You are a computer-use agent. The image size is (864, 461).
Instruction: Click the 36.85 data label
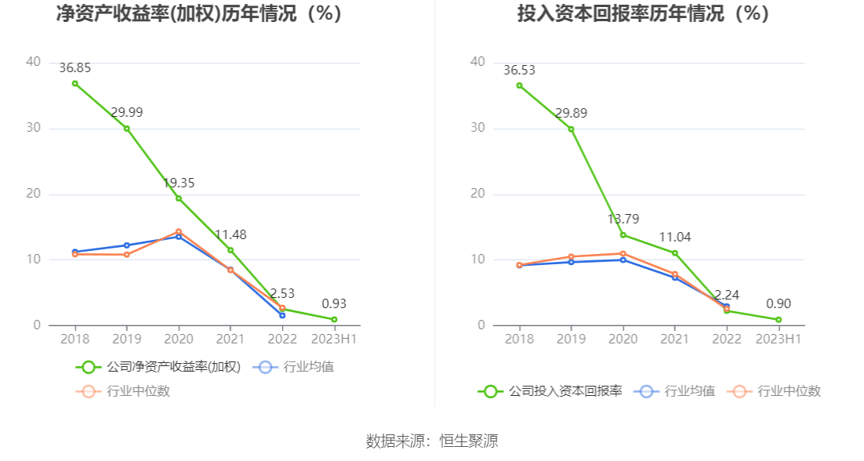(74, 68)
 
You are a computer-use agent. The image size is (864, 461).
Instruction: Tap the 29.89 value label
(571, 114)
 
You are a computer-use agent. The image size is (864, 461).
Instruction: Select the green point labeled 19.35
(179, 198)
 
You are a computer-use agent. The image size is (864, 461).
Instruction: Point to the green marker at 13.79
(623, 235)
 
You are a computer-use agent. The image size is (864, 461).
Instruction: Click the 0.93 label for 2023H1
(334, 304)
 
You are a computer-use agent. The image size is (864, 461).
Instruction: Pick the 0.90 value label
(779, 304)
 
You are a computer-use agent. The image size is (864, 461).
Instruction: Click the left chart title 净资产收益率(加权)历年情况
(200, 14)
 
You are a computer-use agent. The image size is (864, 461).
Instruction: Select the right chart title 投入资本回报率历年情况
(644, 14)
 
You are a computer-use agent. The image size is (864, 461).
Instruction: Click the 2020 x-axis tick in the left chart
(179, 339)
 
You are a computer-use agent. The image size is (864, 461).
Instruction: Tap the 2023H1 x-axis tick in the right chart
(779, 339)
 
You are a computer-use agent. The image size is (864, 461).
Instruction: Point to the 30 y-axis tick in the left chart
(33, 129)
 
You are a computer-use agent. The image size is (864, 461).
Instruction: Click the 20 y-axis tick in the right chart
(477, 194)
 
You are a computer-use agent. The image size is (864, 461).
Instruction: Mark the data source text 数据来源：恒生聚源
(432, 441)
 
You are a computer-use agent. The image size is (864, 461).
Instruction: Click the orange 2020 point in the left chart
(179, 232)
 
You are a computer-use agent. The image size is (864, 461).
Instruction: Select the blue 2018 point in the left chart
(75, 252)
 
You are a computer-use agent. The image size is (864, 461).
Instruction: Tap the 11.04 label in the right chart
(674, 238)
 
